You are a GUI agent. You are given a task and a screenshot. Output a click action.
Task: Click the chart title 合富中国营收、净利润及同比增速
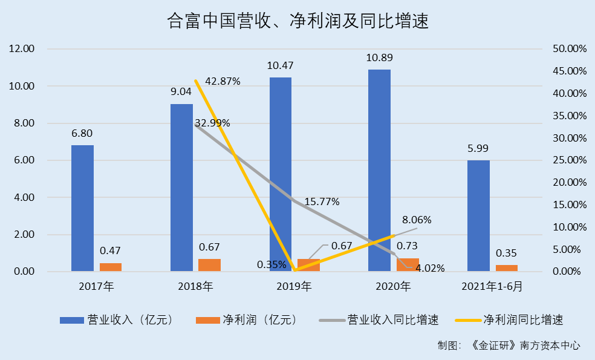pyautogui.click(x=297, y=22)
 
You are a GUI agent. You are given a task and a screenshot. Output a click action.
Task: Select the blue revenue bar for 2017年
pyautogui.click(x=82, y=208)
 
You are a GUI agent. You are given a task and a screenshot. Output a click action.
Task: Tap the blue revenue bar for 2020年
pyautogui.click(x=380, y=170)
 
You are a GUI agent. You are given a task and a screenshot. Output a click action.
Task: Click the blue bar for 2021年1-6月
pyautogui.click(x=479, y=215)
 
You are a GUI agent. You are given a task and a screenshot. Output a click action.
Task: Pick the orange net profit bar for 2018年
pyautogui.click(x=210, y=265)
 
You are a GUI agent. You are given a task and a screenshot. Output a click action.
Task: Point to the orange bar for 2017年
pyautogui.click(x=111, y=267)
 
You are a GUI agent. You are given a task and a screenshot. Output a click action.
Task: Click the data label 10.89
pyautogui.click(x=379, y=58)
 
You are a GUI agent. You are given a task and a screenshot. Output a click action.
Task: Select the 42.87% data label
pyautogui.click(x=223, y=81)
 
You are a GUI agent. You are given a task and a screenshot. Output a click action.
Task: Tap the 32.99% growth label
pyautogui.click(x=212, y=123)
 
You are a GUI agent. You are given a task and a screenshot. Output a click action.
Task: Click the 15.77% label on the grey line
pyautogui.click(x=322, y=201)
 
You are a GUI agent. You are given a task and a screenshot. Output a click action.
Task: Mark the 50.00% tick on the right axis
pyautogui.click(x=570, y=49)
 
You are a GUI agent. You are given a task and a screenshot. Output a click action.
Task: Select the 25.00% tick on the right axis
pyautogui.click(x=570, y=160)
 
